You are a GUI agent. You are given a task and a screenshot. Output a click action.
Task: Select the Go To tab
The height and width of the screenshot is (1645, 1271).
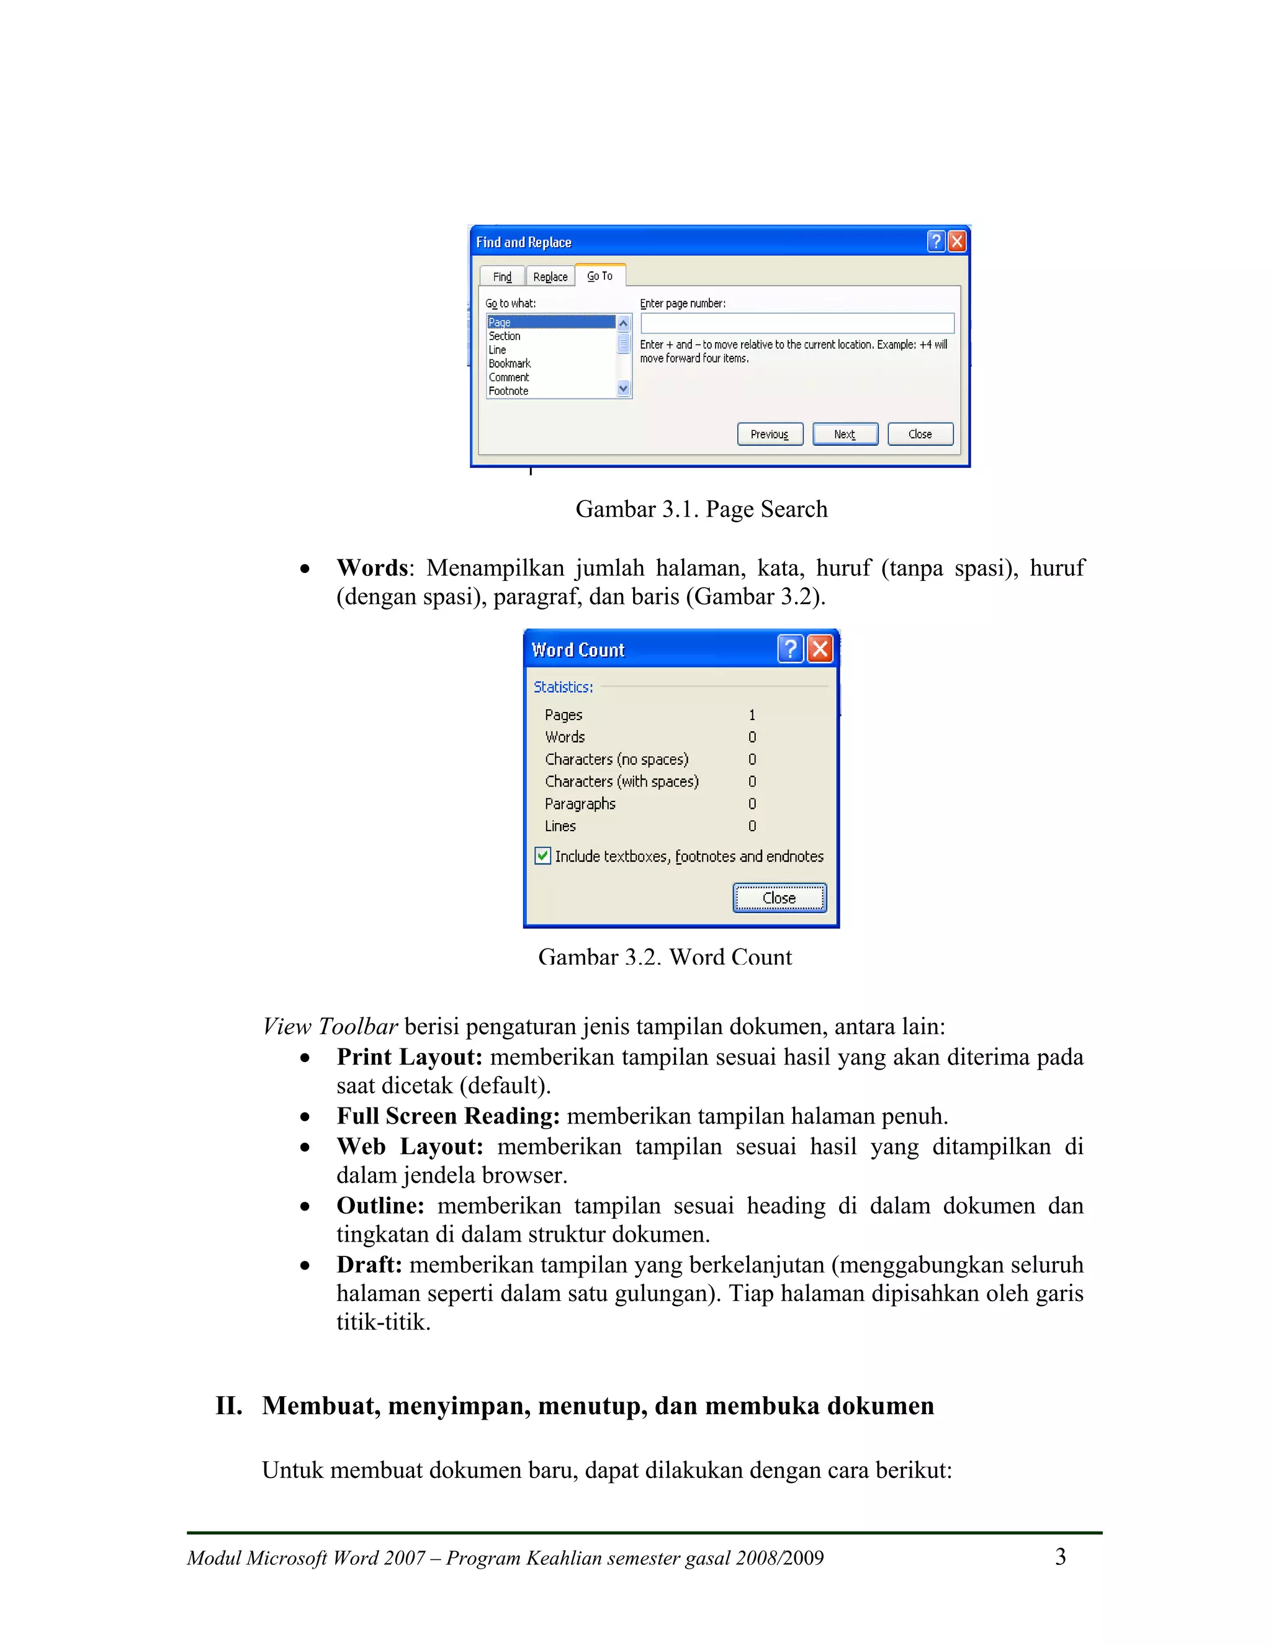pyautogui.click(x=600, y=276)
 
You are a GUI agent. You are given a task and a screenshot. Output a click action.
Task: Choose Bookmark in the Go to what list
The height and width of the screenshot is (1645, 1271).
pyautogui.click(x=510, y=364)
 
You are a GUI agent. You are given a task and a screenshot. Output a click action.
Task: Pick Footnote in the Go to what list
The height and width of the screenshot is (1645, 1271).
pyautogui.click(x=508, y=391)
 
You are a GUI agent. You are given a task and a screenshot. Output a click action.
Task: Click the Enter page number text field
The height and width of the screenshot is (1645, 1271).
pyautogui.click(x=797, y=323)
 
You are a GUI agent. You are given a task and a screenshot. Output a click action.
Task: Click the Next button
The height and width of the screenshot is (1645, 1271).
pyautogui.click(x=845, y=435)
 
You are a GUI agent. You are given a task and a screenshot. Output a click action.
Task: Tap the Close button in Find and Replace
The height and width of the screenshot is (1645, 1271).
pyautogui.click(x=920, y=435)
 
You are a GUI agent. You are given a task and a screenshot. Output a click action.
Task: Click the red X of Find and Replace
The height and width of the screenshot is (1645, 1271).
pyautogui.click(x=956, y=241)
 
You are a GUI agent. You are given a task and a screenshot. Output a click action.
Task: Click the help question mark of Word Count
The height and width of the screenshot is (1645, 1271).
pyautogui.click(x=790, y=649)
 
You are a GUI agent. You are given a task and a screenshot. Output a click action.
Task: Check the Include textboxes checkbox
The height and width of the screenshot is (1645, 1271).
pyautogui.click(x=543, y=857)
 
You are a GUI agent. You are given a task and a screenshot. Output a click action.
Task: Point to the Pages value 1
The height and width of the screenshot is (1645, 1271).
pyautogui.click(x=752, y=714)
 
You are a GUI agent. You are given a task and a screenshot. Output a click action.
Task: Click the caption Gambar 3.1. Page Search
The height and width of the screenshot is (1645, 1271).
pyautogui.click(x=701, y=509)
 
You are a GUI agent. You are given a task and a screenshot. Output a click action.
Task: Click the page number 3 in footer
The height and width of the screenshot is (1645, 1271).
pyautogui.click(x=1060, y=1557)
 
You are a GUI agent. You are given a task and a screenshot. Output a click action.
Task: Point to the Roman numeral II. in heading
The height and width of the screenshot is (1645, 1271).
pyautogui.click(x=229, y=1405)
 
